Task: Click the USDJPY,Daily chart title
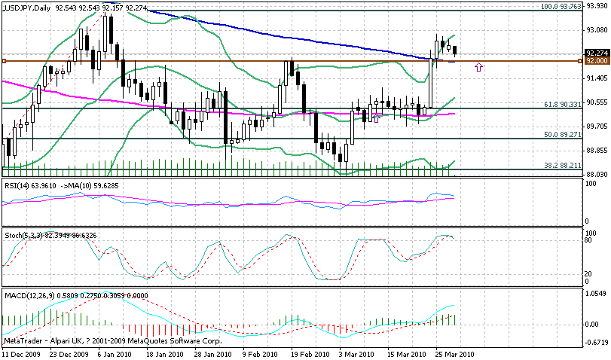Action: (x=26, y=7)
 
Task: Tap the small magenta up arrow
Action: (x=478, y=67)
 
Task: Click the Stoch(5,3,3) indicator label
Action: (x=22, y=235)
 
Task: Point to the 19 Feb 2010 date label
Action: (x=310, y=353)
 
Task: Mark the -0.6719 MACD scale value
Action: (x=595, y=341)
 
